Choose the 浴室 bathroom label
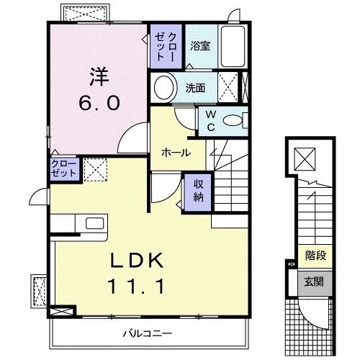coord(200,45)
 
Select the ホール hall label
coord(175,153)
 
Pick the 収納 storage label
coord(198,189)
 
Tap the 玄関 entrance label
coord(314,281)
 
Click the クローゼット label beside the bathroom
coord(166,45)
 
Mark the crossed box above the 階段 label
coord(306,158)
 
